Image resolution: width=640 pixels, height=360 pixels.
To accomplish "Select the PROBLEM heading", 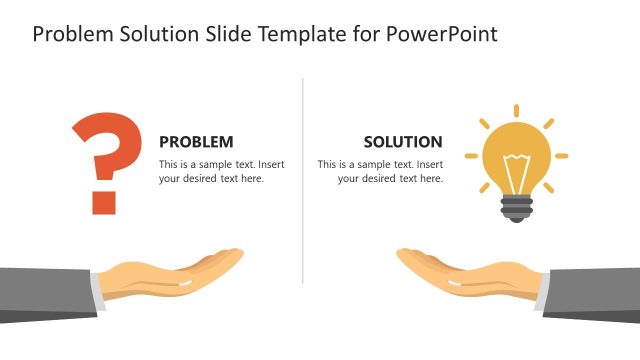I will click(x=196, y=142).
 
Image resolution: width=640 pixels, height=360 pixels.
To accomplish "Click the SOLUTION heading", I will click(x=403, y=142).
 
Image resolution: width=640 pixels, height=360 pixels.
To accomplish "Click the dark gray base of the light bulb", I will click(x=516, y=208).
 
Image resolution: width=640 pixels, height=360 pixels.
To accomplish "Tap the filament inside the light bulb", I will click(x=516, y=168).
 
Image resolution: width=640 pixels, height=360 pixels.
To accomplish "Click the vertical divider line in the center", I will click(x=303, y=180).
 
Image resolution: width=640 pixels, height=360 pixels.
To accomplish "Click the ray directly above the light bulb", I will click(x=516, y=111).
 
